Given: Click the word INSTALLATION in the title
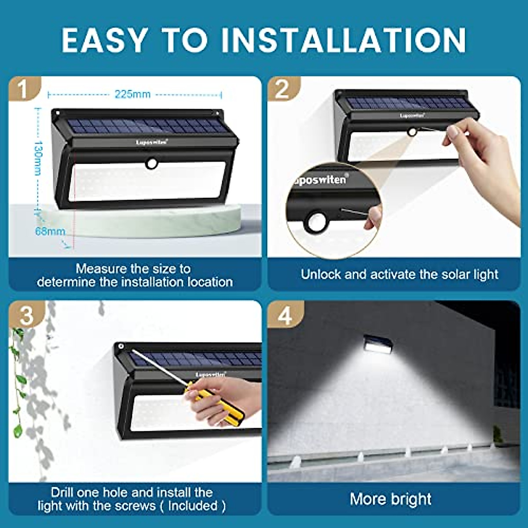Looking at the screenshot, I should tap(343, 40).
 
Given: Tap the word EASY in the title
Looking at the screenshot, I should tap(104, 40).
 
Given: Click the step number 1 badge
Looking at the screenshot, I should tap(23, 89).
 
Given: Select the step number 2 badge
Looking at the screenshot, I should tap(282, 89).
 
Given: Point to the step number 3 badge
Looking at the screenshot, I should tap(26, 315).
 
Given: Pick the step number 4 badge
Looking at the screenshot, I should tap(285, 315).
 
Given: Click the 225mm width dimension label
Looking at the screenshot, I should tap(132, 94).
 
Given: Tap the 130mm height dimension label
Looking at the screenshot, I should tap(38, 158).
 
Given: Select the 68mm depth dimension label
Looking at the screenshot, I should tap(49, 231).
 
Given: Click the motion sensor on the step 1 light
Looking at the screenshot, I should tap(152, 164).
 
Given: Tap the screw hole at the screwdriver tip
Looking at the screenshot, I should tap(121, 348).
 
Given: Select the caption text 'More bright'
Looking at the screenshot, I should tap(390, 499).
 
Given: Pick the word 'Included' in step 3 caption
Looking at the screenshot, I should tap(193, 506).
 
